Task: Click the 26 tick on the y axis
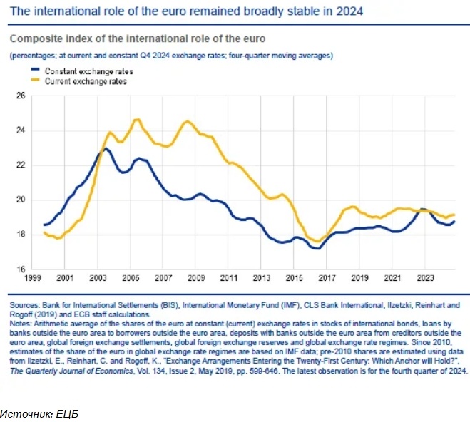tap(20, 96)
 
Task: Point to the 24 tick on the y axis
tap(20, 130)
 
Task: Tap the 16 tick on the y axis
tap(20, 269)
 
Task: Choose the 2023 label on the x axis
tap(426, 279)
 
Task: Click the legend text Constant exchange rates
tap(88, 71)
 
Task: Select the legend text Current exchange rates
tap(86, 81)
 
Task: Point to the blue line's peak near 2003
tap(106, 148)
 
